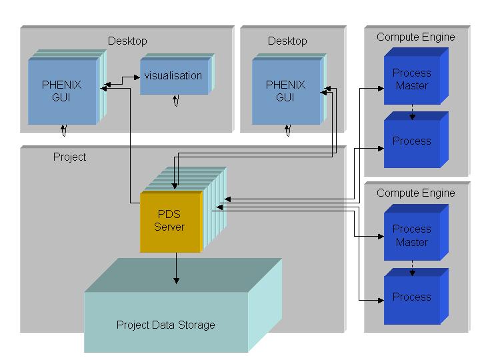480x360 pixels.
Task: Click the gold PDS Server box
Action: click(170, 221)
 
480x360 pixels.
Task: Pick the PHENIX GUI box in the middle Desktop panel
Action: click(285, 92)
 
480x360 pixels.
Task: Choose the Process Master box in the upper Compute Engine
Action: click(411, 79)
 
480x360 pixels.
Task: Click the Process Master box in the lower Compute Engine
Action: click(411, 235)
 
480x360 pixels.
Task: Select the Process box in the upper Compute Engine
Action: click(411, 141)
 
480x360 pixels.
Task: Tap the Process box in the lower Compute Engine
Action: click(411, 297)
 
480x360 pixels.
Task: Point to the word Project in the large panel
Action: click(69, 157)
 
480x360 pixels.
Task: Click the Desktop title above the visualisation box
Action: click(127, 41)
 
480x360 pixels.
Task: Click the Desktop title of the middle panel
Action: click(287, 41)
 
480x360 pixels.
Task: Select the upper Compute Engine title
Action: click(415, 37)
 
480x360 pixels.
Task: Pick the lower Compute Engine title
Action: click(415, 193)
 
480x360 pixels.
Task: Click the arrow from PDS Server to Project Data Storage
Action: click(176, 267)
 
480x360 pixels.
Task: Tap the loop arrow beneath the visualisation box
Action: click(175, 100)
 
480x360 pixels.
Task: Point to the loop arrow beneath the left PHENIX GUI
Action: click(64, 129)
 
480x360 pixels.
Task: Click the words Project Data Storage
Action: click(166, 325)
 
